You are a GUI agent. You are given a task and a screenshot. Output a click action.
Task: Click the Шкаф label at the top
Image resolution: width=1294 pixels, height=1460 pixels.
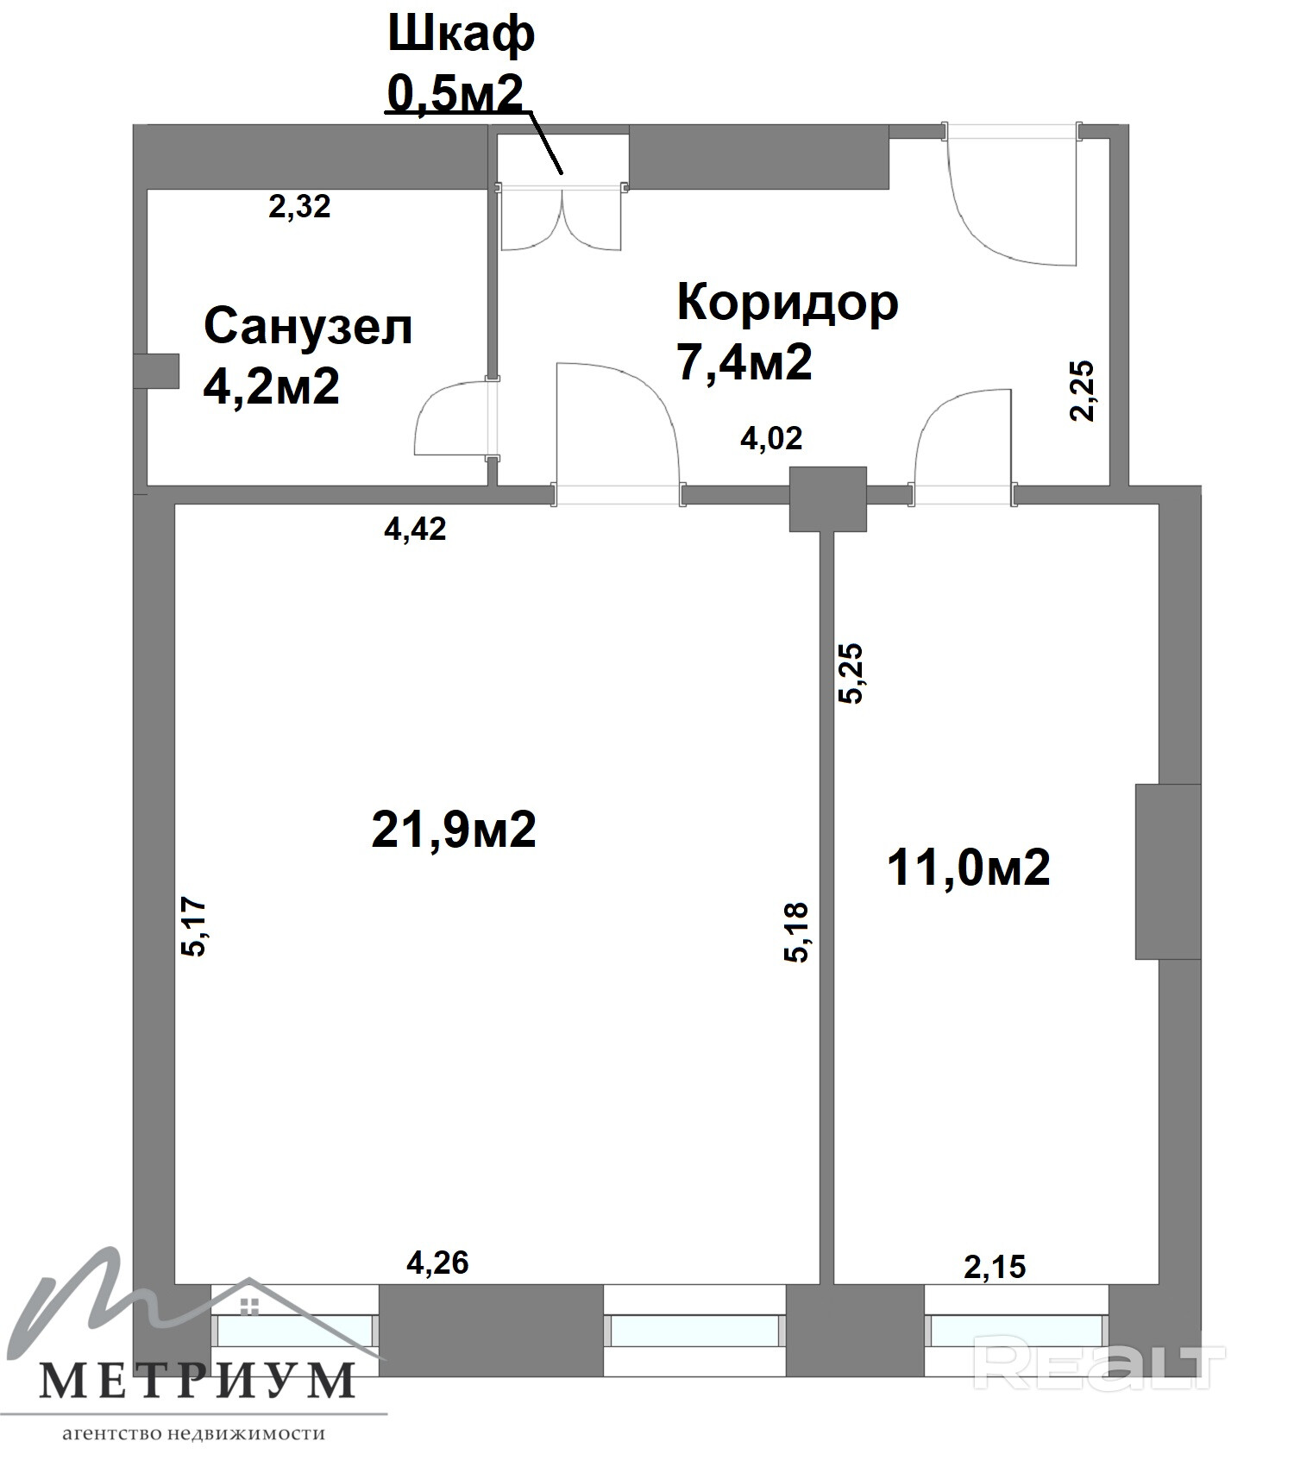pyautogui.click(x=462, y=36)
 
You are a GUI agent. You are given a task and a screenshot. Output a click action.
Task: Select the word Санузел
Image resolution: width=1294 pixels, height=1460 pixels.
pyautogui.click(x=308, y=327)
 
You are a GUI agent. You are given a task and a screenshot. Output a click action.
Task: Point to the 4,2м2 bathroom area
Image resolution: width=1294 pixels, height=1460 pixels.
pyautogui.click(x=271, y=385)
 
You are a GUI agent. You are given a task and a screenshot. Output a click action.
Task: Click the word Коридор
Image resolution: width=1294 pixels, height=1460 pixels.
pyautogui.click(x=788, y=304)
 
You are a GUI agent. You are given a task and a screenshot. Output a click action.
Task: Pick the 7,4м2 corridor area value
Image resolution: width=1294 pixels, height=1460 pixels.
pyautogui.click(x=744, y=361)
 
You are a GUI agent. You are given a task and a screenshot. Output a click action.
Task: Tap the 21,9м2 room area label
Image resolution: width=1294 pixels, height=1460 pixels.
pyautogui.click(x=454, y=829)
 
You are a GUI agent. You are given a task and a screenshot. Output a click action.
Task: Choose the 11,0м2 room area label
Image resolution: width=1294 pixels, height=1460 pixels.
pyautogui.click(x=969, y=867)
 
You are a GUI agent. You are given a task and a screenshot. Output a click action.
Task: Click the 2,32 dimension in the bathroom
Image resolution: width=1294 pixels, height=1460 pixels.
pyautogui.click(x=299, y=207)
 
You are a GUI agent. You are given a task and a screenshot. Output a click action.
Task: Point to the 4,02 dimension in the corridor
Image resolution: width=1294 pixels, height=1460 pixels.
pyautogui.click(x=771, y=438)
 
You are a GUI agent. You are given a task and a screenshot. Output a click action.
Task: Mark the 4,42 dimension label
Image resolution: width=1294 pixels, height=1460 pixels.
pyautogui.click(x=415, y=529)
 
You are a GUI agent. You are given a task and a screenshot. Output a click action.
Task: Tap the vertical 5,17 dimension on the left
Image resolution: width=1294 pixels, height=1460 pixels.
pyautogui.click(x=193, y=927)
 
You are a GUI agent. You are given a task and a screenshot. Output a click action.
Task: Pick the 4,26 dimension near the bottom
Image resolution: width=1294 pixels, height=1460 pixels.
pyautogui.click(x=437, y=1263)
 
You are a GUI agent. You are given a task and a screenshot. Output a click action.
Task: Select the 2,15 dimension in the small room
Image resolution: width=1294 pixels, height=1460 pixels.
pyautogui.click(x=995, y=1267)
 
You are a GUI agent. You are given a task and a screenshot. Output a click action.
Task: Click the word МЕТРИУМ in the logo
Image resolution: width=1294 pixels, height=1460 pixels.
pyautogui.click(x=198, y=1380)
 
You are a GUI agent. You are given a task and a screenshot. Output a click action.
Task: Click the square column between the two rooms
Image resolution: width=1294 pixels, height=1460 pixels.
pyautogui.click(x=828, y=499)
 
